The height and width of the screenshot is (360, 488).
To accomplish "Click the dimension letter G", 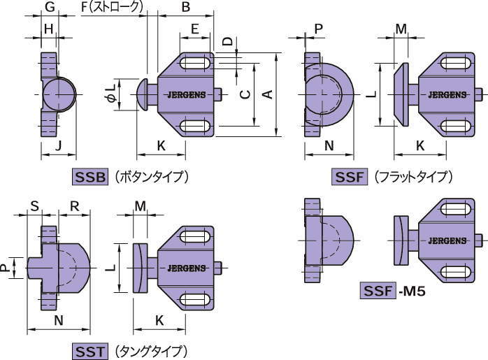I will coord(50,8).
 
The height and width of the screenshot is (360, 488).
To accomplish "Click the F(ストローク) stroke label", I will coord(112,8).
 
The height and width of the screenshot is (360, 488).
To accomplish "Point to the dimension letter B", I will coord(185,8).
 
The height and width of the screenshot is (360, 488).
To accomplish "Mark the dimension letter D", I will coord(227,41).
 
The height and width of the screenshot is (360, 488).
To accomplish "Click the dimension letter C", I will coord(243,94).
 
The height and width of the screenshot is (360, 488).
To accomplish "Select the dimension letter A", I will coord(266,94).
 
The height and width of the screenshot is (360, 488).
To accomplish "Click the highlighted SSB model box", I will coord(90,177).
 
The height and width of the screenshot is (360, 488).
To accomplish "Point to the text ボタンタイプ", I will coord(152,177).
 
